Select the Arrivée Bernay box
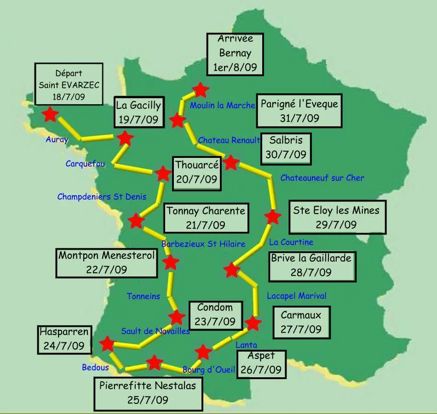point(235,53)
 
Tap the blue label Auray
point(57,140)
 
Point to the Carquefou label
point(85,163)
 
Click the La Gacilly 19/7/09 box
point(138,112)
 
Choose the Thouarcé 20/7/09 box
point(196,172)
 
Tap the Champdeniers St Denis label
point(102,196)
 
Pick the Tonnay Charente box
point(206,218)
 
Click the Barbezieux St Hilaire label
point(203,244)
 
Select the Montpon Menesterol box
point(106,263)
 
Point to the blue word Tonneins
point(144,296)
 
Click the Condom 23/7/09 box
point(215,314)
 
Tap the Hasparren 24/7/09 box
point(64,339)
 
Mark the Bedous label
point(95,367)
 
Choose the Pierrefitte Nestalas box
point(148,393)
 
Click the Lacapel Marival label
point(296,296)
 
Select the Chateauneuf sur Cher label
point(322,178)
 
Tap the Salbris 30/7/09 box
point(286,148)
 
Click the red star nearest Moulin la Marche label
point(201,90)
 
